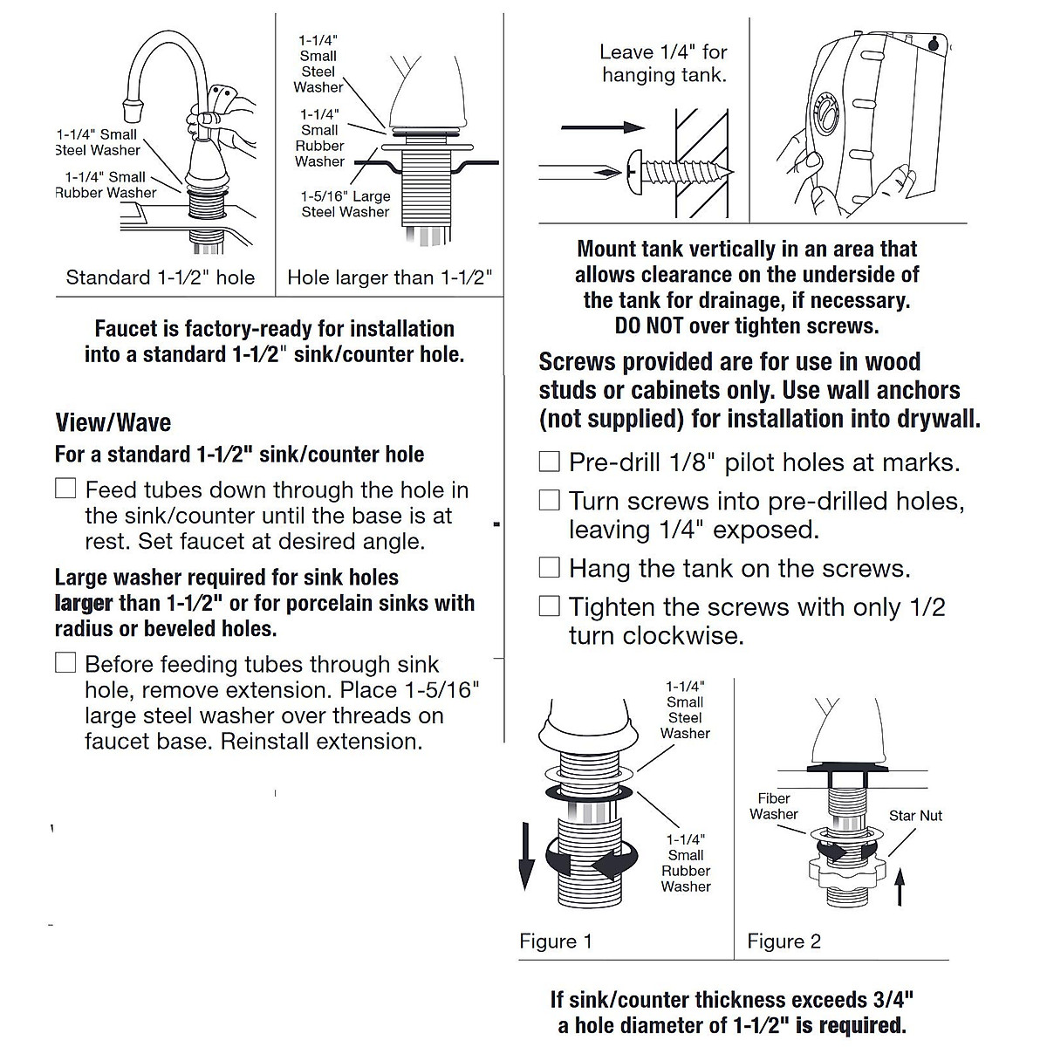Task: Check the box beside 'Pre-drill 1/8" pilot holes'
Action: pyautogui.click(x=549, y=462)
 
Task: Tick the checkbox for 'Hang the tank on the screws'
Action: pyautogui.click(x=549, y=568)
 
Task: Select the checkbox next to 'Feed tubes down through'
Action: pyautogui.click(x=65, y=489)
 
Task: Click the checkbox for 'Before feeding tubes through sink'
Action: pyautogui.click(x=65, y=663)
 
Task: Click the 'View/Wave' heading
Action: pyautogui.click(x=113, y=423)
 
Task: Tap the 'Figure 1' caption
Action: pyautogui.click(x=556, y=941)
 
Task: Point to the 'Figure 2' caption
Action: pyautogui.click(x=784, y=941)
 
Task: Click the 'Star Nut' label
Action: pyautogui.click(x=915, y=816)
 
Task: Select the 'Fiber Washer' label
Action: pyautogui.click(x=774, y=806)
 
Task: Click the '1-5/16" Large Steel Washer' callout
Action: pyautogui.click(x=346, y=204)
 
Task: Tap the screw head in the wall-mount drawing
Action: pyautogui.click(x=635, y=172)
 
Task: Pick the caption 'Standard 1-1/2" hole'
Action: pyautogui.click(x=161, y=278)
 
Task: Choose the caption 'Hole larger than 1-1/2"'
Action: pyautogui.click(x=390, y=278)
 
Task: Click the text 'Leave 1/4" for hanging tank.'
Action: pyautogui.click(x=663, y=64)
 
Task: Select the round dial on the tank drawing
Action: pyautogui.click(x=822, y=119)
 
